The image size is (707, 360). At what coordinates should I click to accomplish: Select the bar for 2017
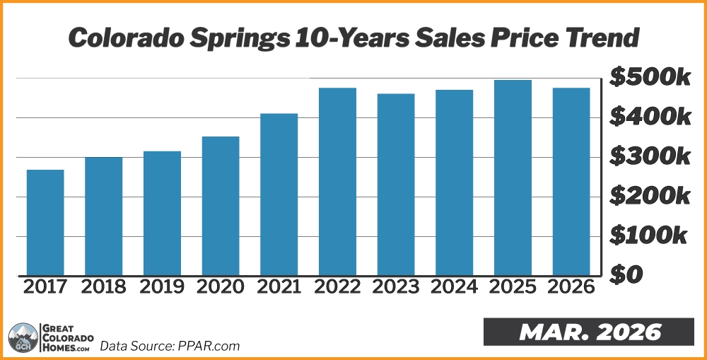pos(45,222)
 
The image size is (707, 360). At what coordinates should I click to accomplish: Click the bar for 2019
pos(162,213)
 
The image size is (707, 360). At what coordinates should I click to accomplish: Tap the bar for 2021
pos(279,194)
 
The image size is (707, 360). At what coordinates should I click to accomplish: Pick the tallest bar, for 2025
pos(513,178)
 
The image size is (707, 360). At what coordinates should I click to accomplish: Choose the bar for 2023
pos(396,185)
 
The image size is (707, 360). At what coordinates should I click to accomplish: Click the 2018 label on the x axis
pos(103,287)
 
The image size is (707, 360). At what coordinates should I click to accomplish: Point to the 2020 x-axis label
pos(220,287)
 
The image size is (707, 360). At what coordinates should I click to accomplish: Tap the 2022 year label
pos(337,287)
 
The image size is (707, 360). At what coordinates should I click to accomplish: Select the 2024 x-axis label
pos(454,287)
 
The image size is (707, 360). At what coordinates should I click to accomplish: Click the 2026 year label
pos(571,287)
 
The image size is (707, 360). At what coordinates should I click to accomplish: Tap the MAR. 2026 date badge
pos(590,332)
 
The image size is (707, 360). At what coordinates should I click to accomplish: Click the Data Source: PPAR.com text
pos(170,346)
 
